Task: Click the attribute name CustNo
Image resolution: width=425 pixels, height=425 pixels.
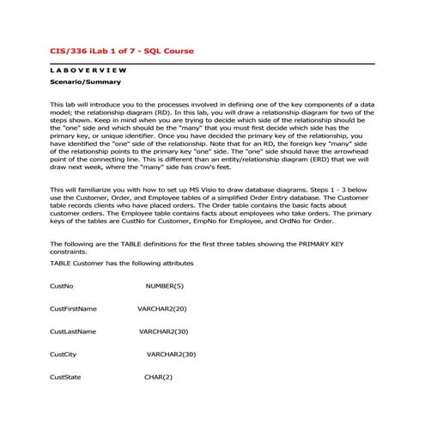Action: click(x=62, y=285)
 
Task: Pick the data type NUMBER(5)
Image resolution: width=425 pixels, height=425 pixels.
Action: click(x=164, y=285)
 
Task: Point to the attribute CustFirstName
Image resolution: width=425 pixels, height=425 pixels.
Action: click(x=73, y=307)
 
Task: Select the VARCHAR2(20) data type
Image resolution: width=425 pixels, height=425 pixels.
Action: click(x=162, y=307)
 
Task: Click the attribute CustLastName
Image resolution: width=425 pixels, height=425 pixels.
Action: click(x=73, y=331)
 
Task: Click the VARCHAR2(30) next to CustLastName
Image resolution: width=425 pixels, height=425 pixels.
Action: click(x=163, y=331)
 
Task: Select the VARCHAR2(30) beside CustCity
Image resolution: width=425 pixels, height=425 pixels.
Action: click(x=171, y=354)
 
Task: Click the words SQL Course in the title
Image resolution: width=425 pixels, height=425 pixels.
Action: click(x=170, y=52)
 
